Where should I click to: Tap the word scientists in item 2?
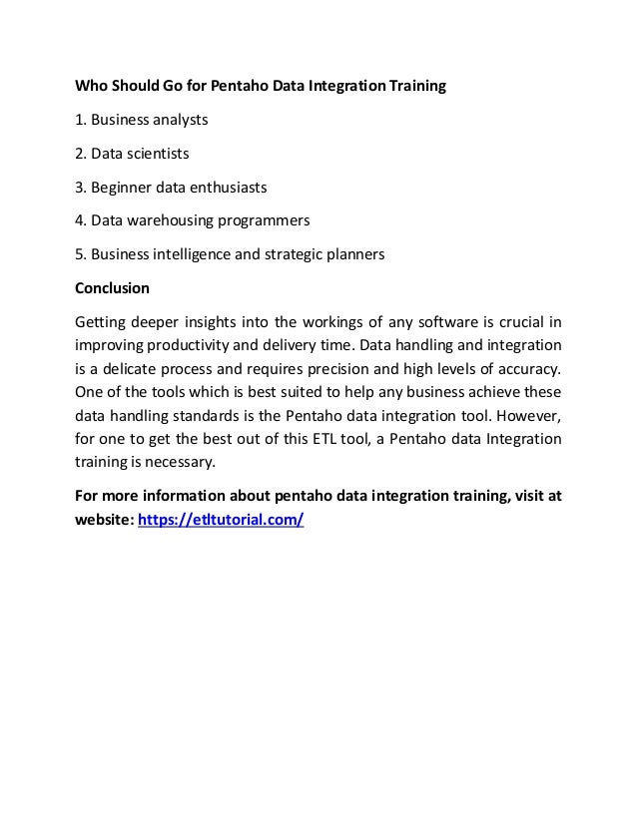click(x=153, y=154)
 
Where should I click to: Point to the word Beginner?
click(x=120, y=188)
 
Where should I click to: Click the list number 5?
click(x=80, y=254)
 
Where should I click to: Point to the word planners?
click(x=354, y=254)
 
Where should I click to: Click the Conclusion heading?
click(x=113, y=288)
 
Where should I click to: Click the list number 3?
click(x=80, y=188)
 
